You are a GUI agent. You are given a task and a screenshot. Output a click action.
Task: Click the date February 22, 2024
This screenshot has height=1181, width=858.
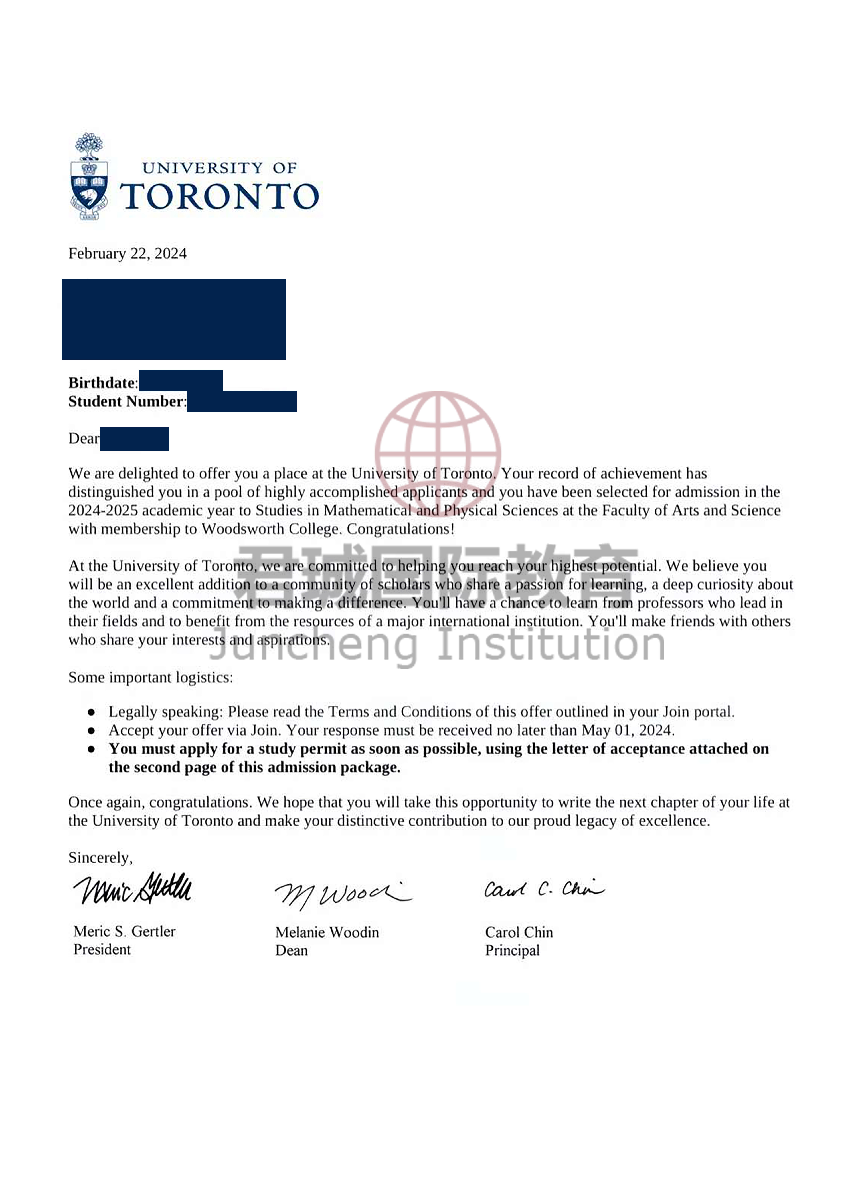[128, 254]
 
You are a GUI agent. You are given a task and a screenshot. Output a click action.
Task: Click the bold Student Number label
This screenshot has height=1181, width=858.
[126, 401]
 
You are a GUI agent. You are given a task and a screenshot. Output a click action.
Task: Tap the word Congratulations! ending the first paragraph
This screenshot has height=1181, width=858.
[401, 529]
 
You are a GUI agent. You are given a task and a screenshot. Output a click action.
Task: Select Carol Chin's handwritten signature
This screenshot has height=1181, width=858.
[544, 889]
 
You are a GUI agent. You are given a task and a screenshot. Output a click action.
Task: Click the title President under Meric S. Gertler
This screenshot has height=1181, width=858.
[102, 949]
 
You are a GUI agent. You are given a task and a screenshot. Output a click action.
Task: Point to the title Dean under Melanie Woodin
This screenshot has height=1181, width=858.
[291, 950]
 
